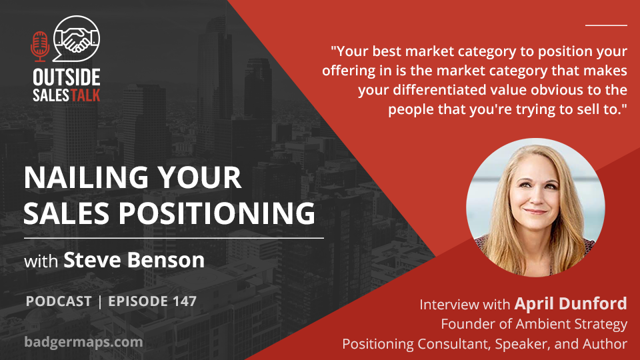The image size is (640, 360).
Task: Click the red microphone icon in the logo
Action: (39, 47)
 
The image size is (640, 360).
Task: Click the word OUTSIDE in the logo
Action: (67, 77)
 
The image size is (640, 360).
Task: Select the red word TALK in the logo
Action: (85, 95)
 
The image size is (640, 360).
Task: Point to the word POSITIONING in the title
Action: (217, 213)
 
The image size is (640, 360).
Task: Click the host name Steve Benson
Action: (134, 260)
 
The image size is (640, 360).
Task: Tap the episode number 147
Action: (185, 301)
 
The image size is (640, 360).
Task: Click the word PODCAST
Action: (59, 301)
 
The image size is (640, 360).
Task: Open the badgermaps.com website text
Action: (84, 341)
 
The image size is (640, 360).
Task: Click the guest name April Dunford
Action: (571, 303)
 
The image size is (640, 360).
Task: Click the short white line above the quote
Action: (606, 25)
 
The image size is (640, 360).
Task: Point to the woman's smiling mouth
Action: (536, 211)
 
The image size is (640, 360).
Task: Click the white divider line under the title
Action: (174, 237)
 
